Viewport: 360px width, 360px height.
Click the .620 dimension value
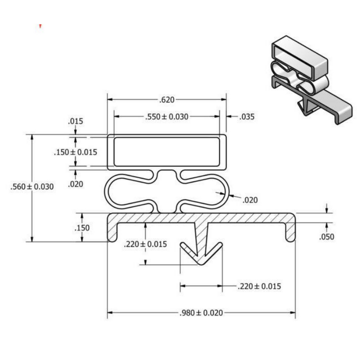pos(167,99)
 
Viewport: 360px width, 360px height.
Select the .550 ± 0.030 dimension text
pos(167,117)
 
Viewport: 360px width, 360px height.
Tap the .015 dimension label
pos(75,121)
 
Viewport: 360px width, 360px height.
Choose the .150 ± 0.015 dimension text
pos(75,152)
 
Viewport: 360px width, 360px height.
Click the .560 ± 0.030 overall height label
pos(32,186)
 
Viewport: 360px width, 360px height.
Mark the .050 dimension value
pos(326,237)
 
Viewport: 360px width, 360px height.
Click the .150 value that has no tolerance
pos(82,228)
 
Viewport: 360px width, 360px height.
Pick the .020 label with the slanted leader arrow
pos(250,200)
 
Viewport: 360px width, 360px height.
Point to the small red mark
pos(40,25)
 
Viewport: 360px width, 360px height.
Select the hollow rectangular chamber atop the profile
pos(166,151)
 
